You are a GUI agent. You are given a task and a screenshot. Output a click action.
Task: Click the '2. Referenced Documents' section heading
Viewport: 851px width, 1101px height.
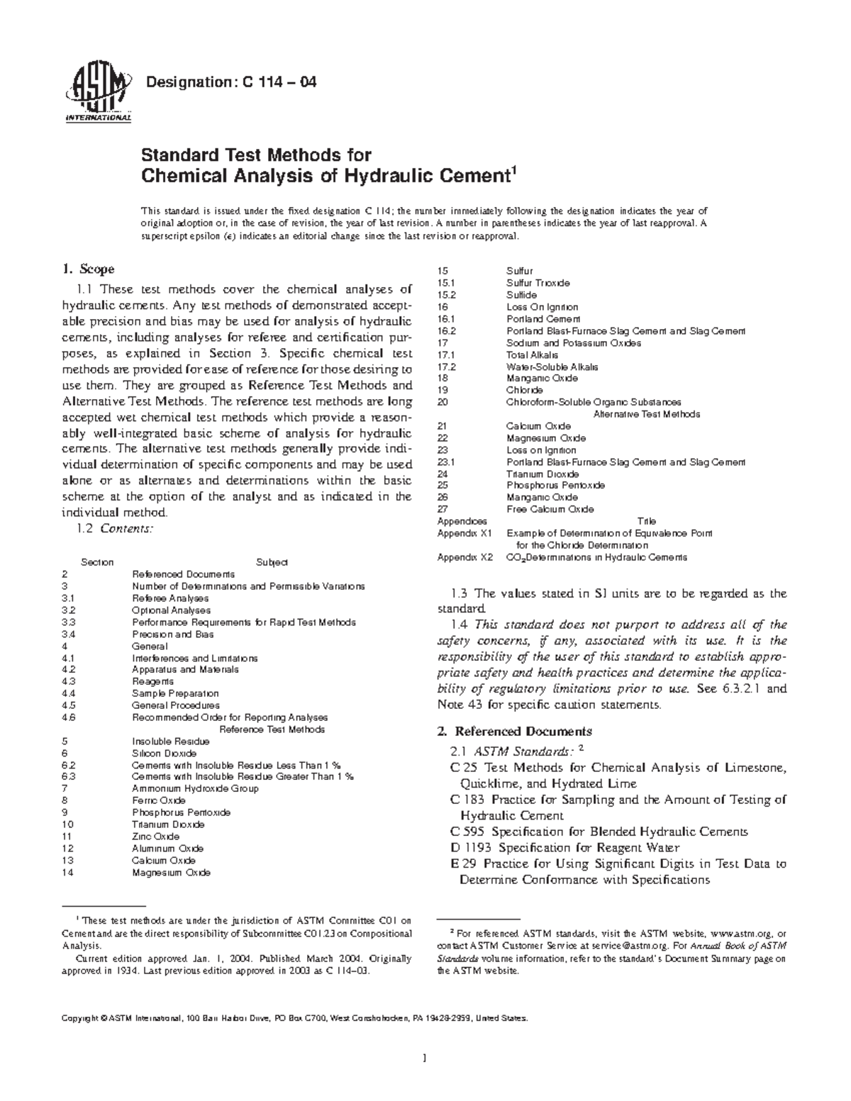pyautogui.click(x=515, y=731)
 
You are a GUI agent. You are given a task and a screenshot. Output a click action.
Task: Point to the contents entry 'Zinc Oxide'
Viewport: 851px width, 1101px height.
pyautogui.click(x=155, y=837)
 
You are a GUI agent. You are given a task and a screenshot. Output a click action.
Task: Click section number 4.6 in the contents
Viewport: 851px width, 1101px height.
pyautogui.click(x=68, y=717)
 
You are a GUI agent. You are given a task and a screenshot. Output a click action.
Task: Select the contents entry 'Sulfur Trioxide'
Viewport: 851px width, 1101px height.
pyautogui.click(x=538, y=283)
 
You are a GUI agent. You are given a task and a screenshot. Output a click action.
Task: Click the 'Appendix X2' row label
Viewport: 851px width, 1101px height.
pyautogui.click(x=465, y=557)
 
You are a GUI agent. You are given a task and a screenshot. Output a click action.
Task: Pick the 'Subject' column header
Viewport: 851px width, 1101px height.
pyautogui.click(x=271, y=562)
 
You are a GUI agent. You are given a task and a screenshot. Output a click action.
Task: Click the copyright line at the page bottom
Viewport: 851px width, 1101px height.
pyautogui.click(x=294, y=1019)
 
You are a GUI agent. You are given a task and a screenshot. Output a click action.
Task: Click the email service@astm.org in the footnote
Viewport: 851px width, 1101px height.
pyautogui.click(x=623, y=946)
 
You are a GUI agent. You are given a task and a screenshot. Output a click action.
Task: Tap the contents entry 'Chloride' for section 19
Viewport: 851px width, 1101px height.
pyautogui.click(x=524, y=390)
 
